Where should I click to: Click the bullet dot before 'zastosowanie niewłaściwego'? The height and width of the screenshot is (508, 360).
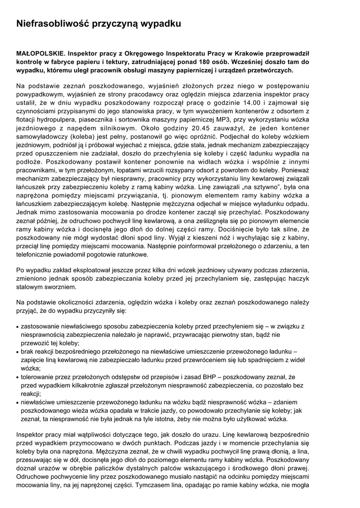(x=18, y=327)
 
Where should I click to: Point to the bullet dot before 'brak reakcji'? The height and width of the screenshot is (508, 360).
(x=18, y=352)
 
